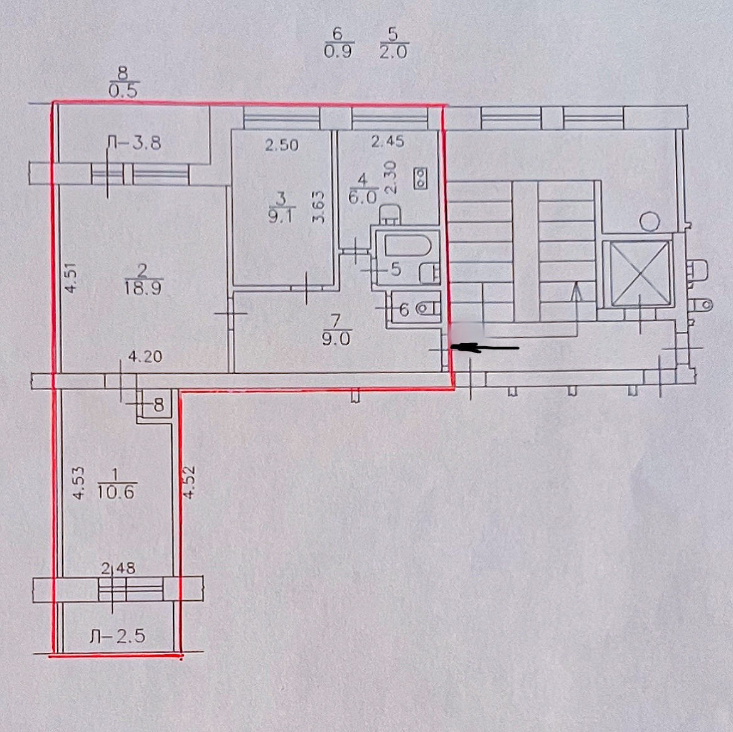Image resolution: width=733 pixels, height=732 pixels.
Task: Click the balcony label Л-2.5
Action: point(118,637)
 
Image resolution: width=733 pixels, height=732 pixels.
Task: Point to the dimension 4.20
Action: point(145,357)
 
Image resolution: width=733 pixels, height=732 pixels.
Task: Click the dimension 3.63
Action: point(319,207)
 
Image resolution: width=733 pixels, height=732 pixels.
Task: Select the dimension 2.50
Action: point(282,146)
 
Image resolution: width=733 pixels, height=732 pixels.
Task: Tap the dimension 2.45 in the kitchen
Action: point(388,142)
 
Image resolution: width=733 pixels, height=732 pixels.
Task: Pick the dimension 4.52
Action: point(186,482)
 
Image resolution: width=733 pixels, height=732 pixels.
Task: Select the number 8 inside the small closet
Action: point(158,405)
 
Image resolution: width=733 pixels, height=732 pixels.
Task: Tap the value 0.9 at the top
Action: point(338,52)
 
